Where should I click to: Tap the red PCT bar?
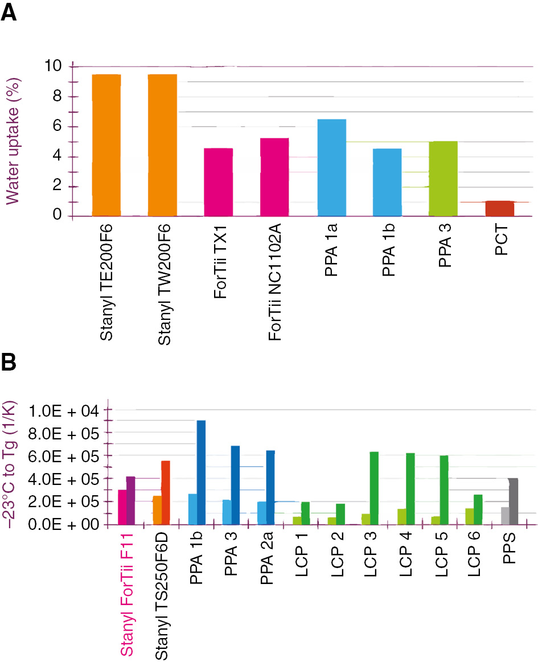pos(500,208)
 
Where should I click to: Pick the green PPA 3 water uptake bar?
pos(443,179)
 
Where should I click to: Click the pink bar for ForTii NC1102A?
pos(274,177)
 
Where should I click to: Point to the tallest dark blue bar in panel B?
pos(201,472)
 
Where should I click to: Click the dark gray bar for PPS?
pos(513,501)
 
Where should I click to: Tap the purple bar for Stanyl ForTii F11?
pos(131,500)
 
